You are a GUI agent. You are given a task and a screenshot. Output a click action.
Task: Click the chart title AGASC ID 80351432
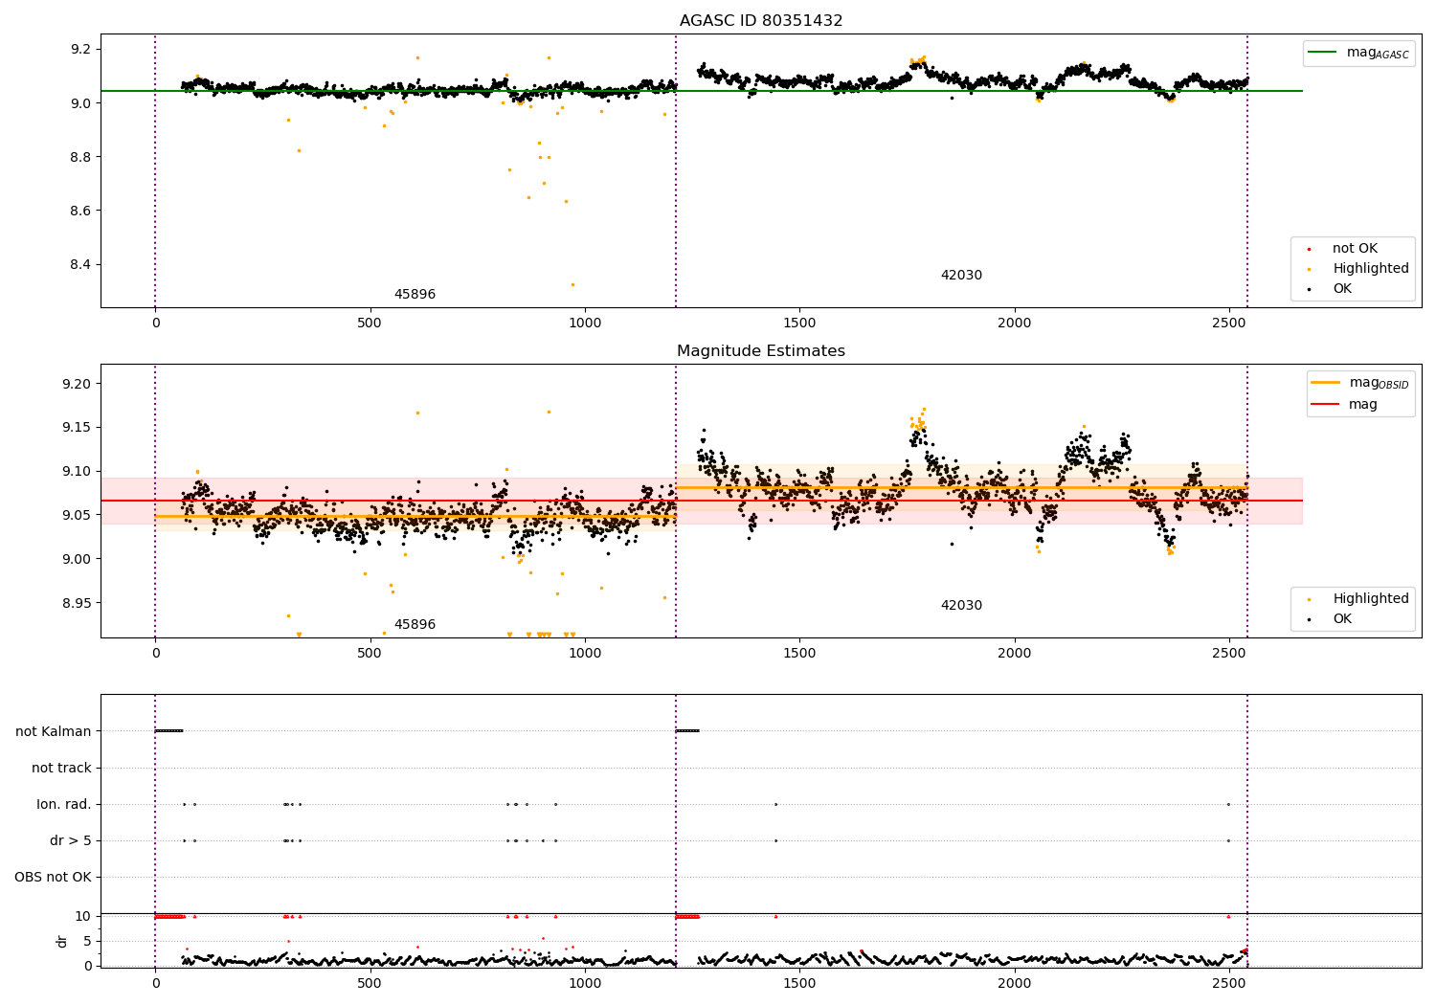click(x=761, y=21)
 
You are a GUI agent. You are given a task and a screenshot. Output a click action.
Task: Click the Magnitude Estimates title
click(x=761, y=351)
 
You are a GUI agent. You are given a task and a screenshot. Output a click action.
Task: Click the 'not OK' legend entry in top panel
click(x=1355, y=249)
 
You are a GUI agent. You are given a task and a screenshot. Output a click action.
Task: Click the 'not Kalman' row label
click(x=54, y=731)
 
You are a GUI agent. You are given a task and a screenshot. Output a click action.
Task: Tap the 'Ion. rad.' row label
click(x=64, y=804)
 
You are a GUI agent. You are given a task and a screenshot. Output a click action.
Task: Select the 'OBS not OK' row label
click(x=54, y=877)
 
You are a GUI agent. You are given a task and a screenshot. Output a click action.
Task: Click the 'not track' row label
click(x=61, y=768)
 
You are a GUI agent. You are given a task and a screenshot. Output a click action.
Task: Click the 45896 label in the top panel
click(x=415, y=295)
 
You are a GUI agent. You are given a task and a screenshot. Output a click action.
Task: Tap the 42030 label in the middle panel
click(x=961, y=606)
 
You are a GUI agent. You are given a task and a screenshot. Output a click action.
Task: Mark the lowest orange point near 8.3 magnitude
click(x=572, y=284)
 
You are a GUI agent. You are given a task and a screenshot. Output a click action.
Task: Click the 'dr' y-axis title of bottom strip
click(x=62, y=941)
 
